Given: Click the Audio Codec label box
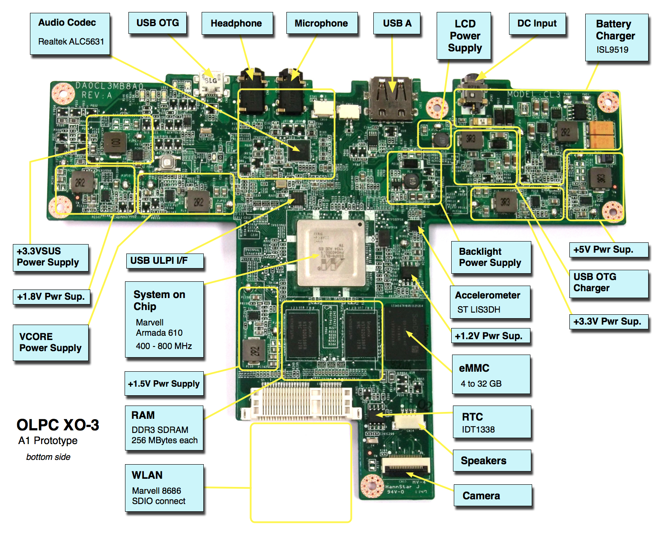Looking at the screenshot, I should tap(70, 33).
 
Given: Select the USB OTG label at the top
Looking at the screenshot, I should tap(158, 23).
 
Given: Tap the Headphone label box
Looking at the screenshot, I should tap(236, 24).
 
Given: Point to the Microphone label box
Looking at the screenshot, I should tap(321, 24).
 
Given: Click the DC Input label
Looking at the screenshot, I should tap(537, 24).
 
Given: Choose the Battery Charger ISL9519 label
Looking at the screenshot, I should tap(616, 37).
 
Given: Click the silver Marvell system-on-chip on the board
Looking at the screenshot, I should tap(331, 252).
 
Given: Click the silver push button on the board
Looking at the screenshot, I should tap(167, 162).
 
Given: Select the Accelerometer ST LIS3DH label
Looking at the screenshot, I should tap(490, 302).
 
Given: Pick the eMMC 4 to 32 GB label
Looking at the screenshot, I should tap(491, 375).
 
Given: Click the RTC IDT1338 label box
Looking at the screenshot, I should tap(491, 422).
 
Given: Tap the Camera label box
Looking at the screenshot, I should tap(492, 495).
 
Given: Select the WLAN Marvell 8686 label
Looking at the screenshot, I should tap(164, 488).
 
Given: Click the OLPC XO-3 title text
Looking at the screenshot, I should tap(58, 425).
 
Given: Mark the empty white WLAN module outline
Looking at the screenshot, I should tap(301, 472).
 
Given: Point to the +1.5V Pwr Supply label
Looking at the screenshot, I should tap(164, 384).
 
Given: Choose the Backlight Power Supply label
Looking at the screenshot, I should tap(491, 257).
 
